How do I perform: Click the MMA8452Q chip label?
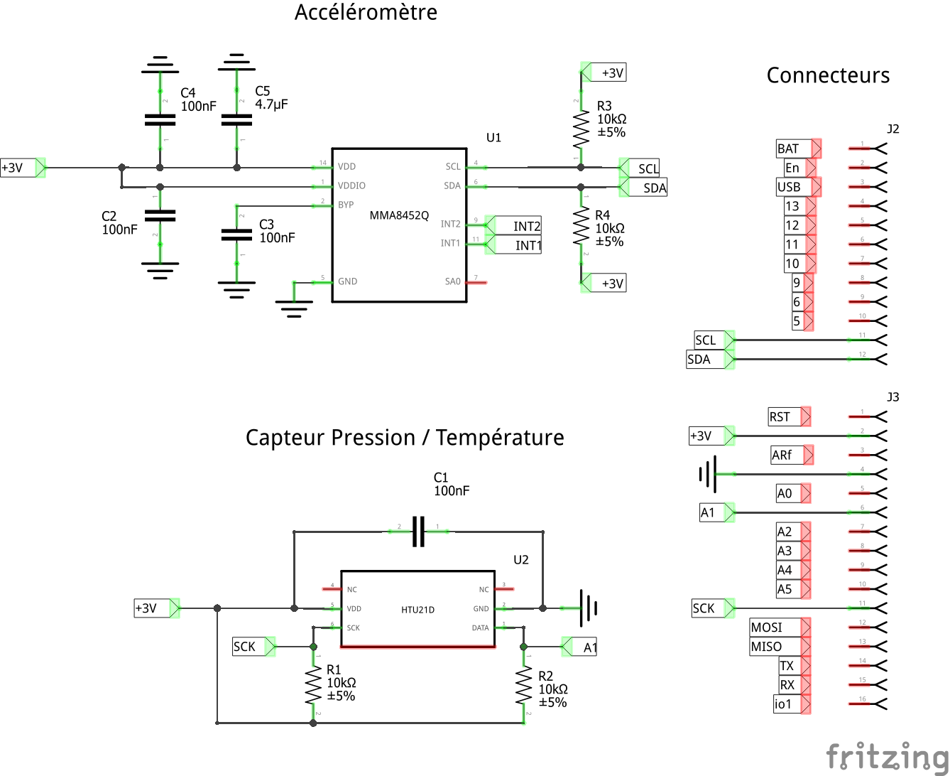point(399,215)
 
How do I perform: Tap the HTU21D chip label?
point(417,610)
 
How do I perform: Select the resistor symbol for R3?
point(582,127)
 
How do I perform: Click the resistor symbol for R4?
point(582,227)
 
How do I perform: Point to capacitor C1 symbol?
point(419,531)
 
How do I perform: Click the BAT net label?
point(788,149)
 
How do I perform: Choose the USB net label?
point(789,187)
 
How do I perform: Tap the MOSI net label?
point(767,627)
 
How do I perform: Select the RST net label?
point(780,417)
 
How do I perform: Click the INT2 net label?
point(527,227)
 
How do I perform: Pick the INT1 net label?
point(528,246)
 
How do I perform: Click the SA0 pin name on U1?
point(452,282)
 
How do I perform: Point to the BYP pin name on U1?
point(346,205)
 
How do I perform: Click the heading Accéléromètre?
point(366,12)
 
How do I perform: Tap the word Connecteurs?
point(828,75)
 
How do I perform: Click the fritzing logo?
point(888,755)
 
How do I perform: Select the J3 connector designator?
point(893,397)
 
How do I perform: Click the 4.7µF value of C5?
point(271,104)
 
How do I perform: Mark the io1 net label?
point(783,704)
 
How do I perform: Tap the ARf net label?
point(782,455)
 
